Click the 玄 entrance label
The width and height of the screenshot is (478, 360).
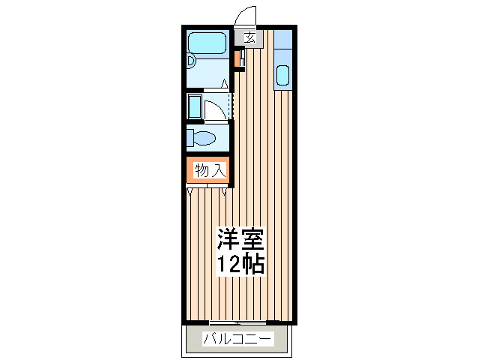[x=250, y=37]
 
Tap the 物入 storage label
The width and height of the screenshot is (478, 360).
[x=211, y=170]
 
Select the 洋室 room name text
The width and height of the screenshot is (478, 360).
[x=240, y=239]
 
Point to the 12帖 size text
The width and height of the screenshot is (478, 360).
[x=240, y=264]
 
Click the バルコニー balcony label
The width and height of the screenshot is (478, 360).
[x=238, y=339]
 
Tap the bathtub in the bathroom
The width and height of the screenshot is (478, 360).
[x=208, y=43]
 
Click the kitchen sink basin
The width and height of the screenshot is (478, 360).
[x=282, y=75]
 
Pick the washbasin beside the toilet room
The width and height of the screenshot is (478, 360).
[x=195, y=106]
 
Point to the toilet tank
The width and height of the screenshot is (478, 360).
[x=190, y=138]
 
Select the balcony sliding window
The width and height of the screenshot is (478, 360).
[x=238, y=322]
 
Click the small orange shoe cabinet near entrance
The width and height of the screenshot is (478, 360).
[x=237, y=59]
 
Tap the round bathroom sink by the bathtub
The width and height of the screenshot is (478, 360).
[x=190, y=61]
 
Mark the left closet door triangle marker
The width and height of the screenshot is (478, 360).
[x=190, y=191]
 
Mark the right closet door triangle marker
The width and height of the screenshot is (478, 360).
[x=224, y=191]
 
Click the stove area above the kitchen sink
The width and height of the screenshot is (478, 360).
[x=283, y=39]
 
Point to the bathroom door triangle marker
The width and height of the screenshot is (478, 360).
[x=224, y=83]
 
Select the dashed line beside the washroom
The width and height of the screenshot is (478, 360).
[x=232, y=105]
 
